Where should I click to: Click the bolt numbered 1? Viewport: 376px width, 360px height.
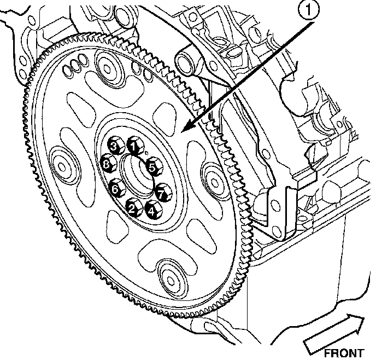point(133,146)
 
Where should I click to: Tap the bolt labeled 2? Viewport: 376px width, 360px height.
point(132,207)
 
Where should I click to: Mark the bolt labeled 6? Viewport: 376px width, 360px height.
point(115,189)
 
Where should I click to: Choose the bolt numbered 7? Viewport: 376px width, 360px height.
point(161,193)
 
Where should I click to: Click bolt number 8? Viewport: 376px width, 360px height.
point(107,164)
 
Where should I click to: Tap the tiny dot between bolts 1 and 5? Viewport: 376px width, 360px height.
point(146,153)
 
